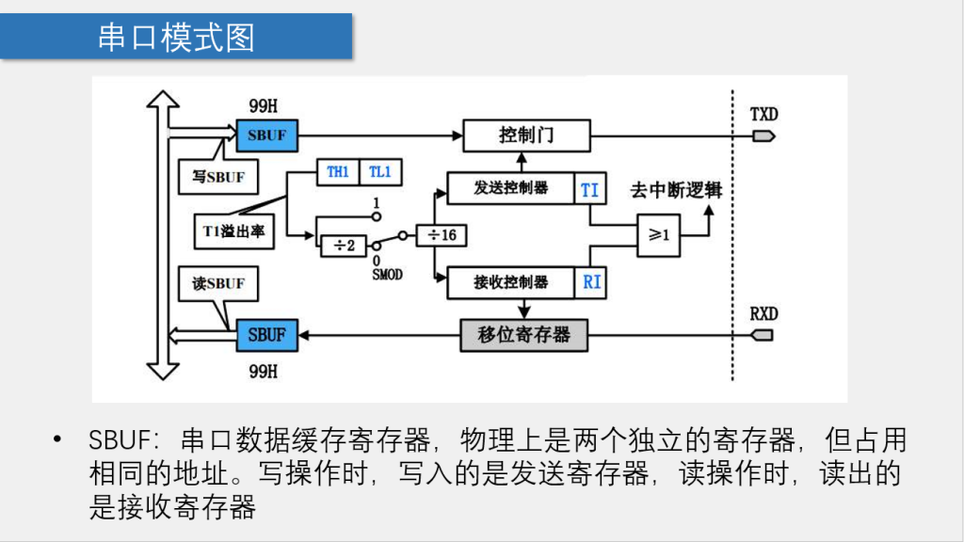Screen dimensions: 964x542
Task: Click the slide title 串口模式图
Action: (176, 37)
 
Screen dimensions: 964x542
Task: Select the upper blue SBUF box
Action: (267, 135)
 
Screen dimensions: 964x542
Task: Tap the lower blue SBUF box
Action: (267, 335)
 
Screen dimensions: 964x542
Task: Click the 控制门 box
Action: (526, 135)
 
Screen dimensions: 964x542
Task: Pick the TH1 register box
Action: (338, 172)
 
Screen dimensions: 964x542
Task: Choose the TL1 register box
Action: (380, 172)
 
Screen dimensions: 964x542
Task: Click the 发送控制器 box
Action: (511, 188)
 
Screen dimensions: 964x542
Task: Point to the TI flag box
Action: (590, 188)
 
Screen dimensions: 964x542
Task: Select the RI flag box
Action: (590, 282)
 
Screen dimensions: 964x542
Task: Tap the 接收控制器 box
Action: (511, 282)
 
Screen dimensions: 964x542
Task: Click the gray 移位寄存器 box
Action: (523, 335)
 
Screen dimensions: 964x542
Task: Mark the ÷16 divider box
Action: (442, 234)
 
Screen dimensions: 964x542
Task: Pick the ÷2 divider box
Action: (344, 246)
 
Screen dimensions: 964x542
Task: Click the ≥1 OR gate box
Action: (658, 234)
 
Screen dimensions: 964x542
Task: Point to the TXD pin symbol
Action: (763, 135)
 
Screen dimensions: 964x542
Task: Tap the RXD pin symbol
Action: (763, 335)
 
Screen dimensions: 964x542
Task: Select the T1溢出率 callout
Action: (233, 231)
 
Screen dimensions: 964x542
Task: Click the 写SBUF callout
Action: (218, 176)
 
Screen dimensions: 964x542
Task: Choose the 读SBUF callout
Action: (218, 284)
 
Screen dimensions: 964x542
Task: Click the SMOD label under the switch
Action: (387, 275)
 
